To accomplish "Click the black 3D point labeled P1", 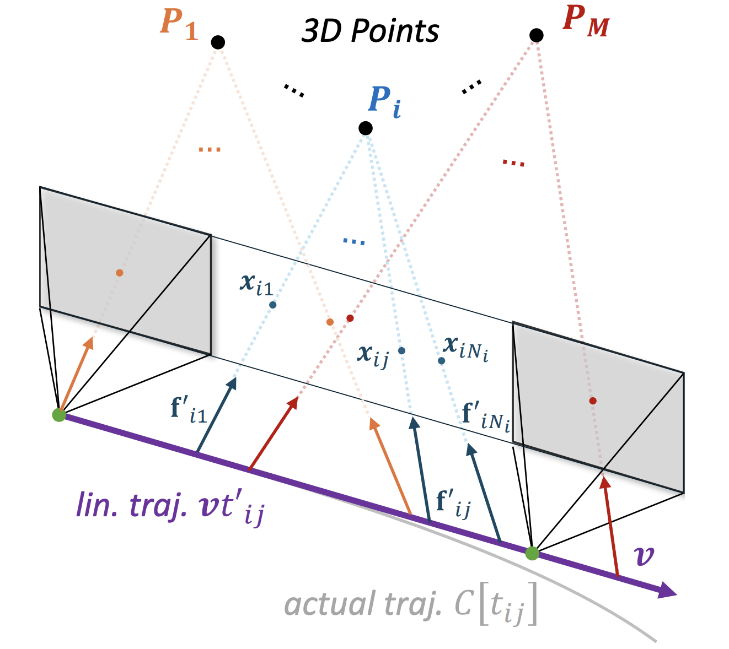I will coord(218,42).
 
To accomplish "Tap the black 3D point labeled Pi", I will coord(365,128).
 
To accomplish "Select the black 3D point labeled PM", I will coord(536,35).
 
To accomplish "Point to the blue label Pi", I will coord(384,102).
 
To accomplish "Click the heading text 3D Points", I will coord(370,31).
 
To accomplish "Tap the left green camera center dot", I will coord(59,415).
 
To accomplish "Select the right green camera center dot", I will coord(532,553).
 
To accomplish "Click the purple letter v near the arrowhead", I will coord(645,556).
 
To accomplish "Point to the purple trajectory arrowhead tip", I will coord(676,594).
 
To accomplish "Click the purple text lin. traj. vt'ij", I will coord(170,507).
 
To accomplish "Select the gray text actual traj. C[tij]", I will coord(410,606).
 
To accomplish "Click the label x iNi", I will coord(465,348).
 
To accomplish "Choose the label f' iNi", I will coord(485,417).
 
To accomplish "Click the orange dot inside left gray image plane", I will coord(120,273).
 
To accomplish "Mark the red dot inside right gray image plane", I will coord(593,401).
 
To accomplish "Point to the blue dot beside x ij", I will coord(401,351).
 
